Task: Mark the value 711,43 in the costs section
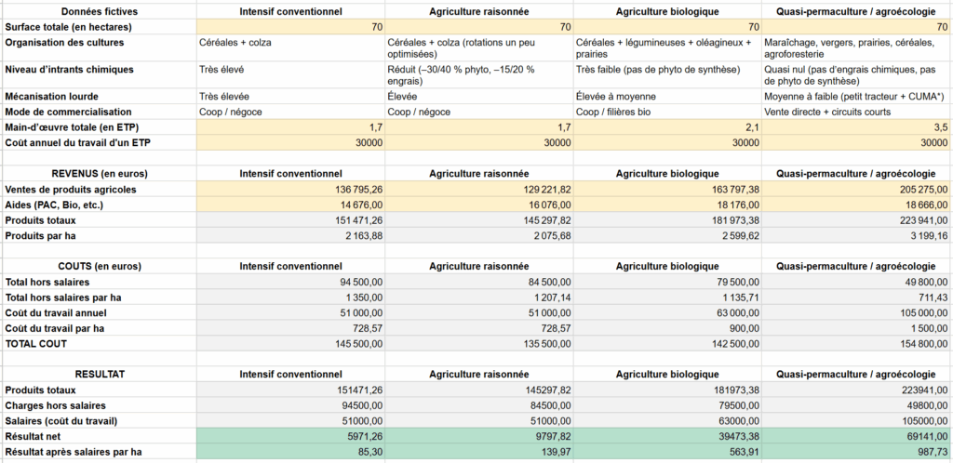pos(931,297)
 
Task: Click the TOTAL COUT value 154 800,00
pos(917,343)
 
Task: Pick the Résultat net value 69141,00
pos(921,436)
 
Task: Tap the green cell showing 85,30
pos(368,451)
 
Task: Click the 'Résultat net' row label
pos(34,436)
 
